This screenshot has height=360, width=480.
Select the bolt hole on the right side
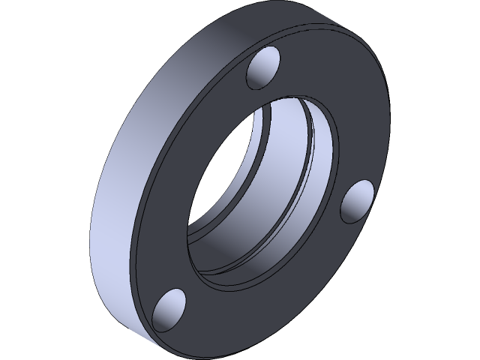click(358, 202)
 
